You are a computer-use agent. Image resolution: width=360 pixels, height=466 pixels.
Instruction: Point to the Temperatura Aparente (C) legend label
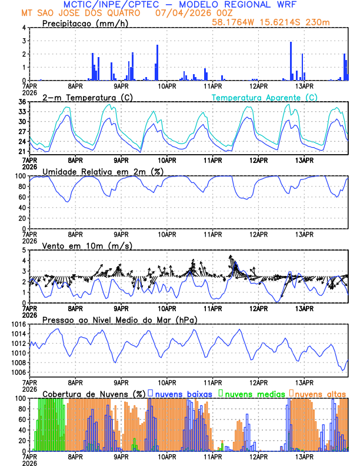coord(264,97)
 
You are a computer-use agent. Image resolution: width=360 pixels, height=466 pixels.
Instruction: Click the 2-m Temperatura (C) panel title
coord(88,97)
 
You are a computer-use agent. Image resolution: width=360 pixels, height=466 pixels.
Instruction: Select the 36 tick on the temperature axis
coord(22,102)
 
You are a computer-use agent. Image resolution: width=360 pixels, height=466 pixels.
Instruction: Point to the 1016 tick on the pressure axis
coord(18,324)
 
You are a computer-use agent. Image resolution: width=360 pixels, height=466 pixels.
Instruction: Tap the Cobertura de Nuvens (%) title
coord(94,394)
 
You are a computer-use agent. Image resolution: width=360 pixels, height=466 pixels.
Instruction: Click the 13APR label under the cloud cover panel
coord(304,457)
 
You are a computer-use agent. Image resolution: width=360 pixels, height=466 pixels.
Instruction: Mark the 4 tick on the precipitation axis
coord(24,28)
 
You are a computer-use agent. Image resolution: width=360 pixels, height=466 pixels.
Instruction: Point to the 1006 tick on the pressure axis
coord(18,372)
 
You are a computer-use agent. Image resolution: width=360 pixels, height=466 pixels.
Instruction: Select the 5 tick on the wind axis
coord(24,250)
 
